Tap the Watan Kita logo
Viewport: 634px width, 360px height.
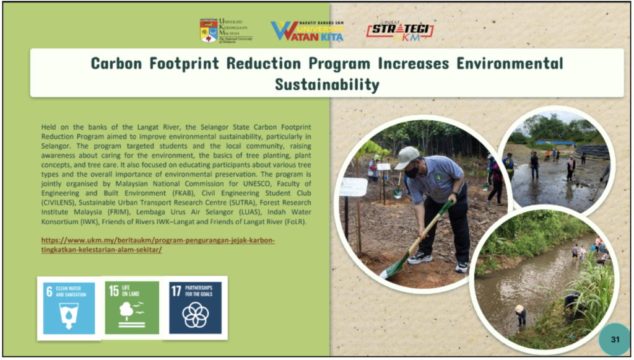pos(307,31)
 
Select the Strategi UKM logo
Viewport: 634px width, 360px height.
pos(400,31)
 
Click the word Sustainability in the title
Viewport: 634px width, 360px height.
pos(327,84)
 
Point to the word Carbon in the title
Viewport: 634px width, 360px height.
pos(116,63)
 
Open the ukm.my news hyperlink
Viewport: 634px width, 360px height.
pos(158,245)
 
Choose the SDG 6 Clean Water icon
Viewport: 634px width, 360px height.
pos(69,308)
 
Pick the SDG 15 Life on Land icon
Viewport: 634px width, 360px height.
pos(132,308)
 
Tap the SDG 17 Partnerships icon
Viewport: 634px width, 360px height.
pos(195,308)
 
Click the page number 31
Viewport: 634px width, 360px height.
pos(615,340)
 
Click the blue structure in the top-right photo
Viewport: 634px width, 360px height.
pos(556,143)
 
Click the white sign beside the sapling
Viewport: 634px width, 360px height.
pos(353,187)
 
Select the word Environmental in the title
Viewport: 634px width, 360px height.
pos(510,63)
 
